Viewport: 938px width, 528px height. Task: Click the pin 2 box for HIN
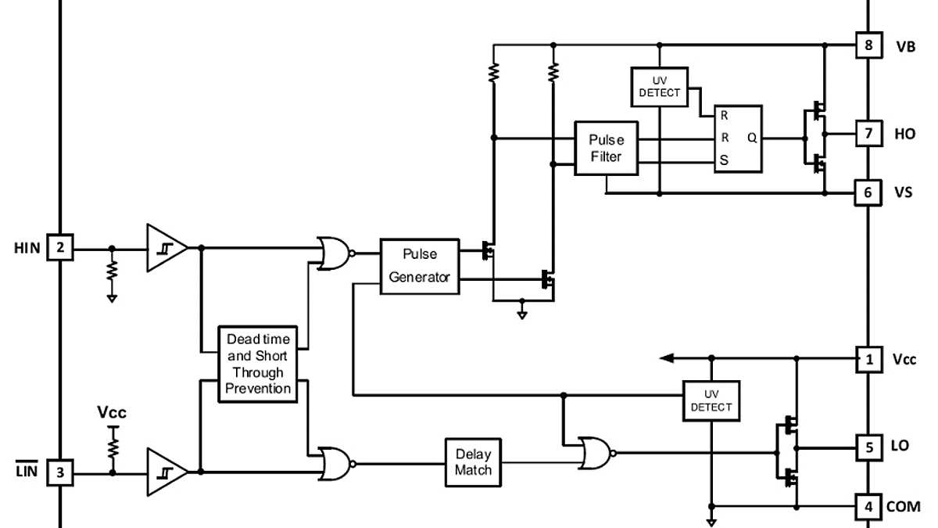(59, 249)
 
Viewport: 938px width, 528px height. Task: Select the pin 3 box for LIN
(59, 472)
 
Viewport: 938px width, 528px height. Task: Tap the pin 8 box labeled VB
(868, 45)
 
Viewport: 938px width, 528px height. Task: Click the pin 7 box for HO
(868, 134)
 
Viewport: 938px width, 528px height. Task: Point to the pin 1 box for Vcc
(868, 359)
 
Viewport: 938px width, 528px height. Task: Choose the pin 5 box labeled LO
(868, 447)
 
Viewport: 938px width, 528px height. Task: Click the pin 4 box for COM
(868, 506)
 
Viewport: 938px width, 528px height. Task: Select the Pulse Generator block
(419, 266)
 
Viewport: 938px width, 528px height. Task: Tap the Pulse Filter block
(606, 148)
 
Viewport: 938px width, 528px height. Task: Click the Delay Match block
(473, 462)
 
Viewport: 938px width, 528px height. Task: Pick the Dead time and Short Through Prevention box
(258, 364)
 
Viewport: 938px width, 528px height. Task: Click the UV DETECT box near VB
(659, 87)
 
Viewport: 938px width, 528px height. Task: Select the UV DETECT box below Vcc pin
(711, 400)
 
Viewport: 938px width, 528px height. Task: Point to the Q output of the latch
(752, 138)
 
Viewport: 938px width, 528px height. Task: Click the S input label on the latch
(724, 160)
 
